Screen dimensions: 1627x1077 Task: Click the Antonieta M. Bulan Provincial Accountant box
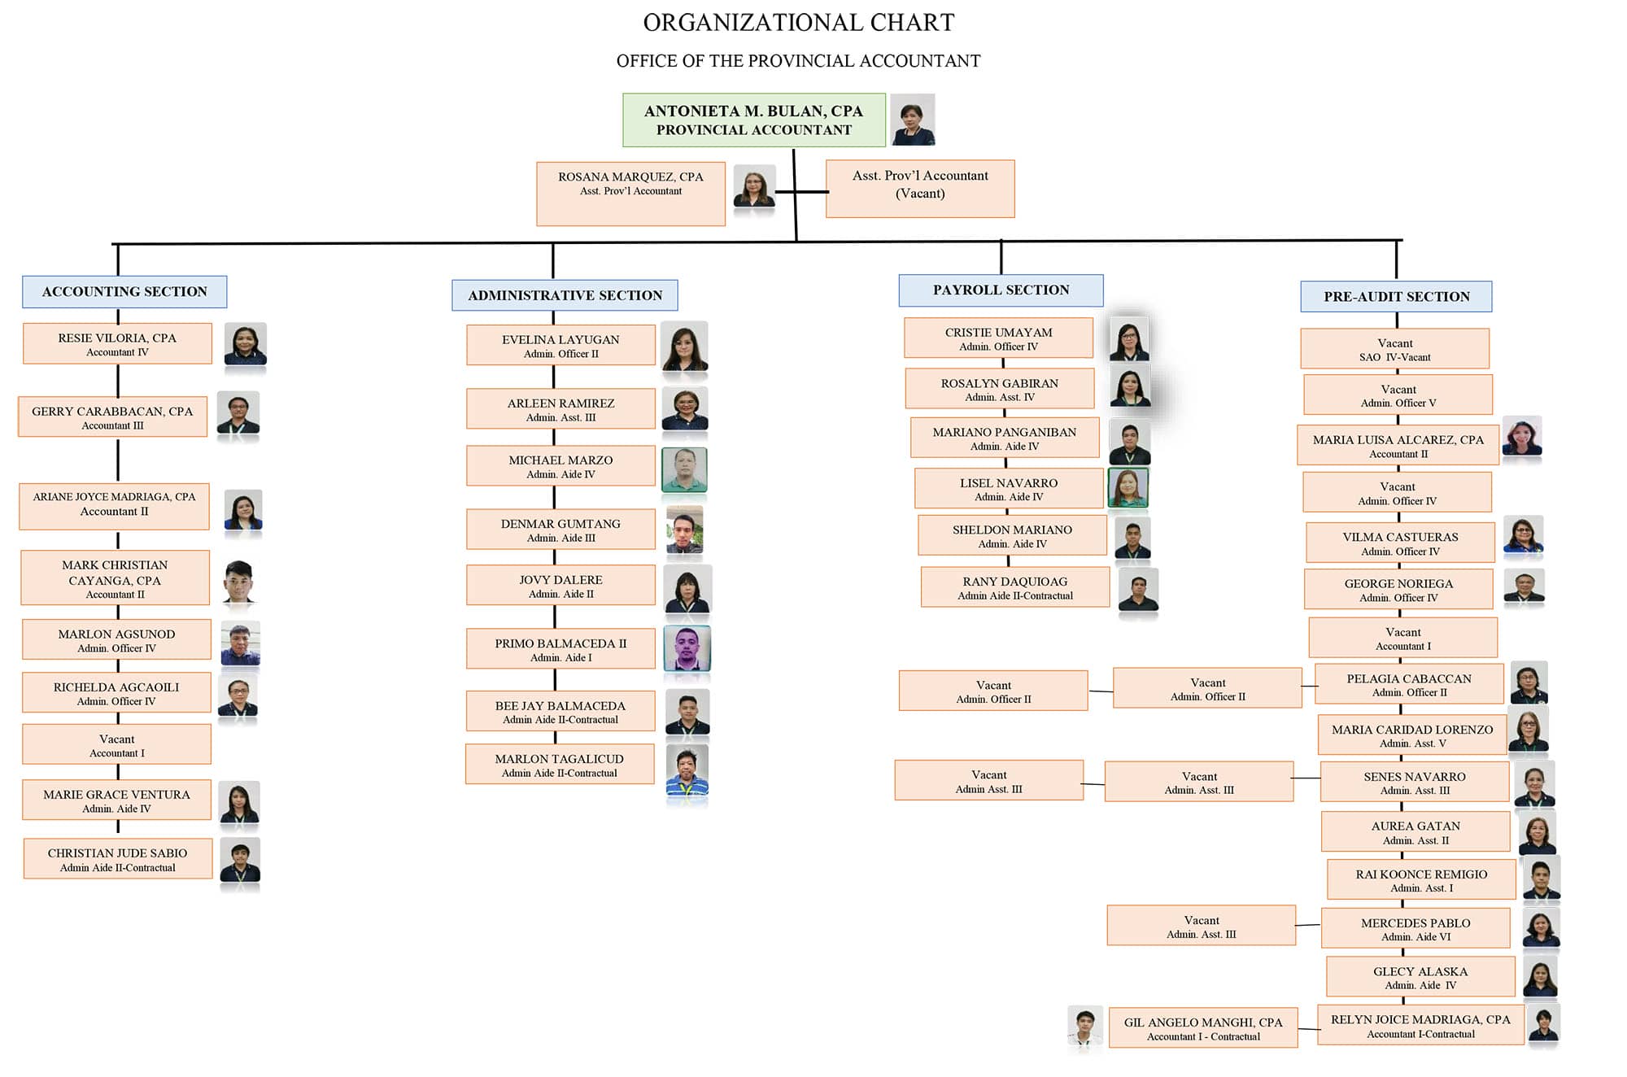(x=754, y=120)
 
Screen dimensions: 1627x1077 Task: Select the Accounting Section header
(x=124, y=292)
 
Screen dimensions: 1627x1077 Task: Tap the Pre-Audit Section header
(x=1396, y=297)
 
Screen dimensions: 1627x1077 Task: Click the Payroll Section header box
(x=1001, y=290)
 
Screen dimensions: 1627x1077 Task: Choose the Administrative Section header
(x=565, y=295)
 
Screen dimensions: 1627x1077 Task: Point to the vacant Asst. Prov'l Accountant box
(x=920, y=189)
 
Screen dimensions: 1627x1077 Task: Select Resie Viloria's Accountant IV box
(x=117, y=344)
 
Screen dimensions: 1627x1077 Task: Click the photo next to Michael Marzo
(x=684, y=469)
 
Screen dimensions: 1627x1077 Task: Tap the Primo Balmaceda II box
(x=561, y=649)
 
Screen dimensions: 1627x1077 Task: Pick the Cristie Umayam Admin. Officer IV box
(x=998, y=338)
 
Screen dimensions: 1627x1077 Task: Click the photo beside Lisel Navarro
(x=1128, y=488)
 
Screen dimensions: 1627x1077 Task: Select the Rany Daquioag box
(x=1015, y=587)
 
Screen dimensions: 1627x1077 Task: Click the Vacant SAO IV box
(x=1395, y=349)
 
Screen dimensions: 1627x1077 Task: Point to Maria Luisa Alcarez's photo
(x=1522, y=438)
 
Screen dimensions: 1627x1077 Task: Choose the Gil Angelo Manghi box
(x=1203, y=1028)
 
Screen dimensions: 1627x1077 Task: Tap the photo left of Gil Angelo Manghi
(x=1085, y=1027)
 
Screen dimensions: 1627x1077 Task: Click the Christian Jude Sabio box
(x=118, y=859)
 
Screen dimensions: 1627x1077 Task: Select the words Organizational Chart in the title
(x=799, y=23)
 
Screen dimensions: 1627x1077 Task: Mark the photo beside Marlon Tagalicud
(x=687, y=770)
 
